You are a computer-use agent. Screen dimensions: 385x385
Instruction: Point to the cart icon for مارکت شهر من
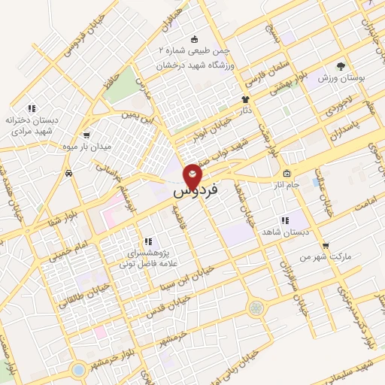click(x=325, y=245)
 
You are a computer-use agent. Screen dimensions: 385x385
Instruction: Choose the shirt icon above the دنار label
click(x=244, y=99)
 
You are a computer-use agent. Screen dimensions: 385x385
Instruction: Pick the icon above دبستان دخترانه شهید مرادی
click(x=31, y=108)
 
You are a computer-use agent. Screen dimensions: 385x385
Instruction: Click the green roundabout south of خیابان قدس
click(x=257, y=308)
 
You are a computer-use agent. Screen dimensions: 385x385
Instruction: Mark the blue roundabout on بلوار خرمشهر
click(x=79, y=369)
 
